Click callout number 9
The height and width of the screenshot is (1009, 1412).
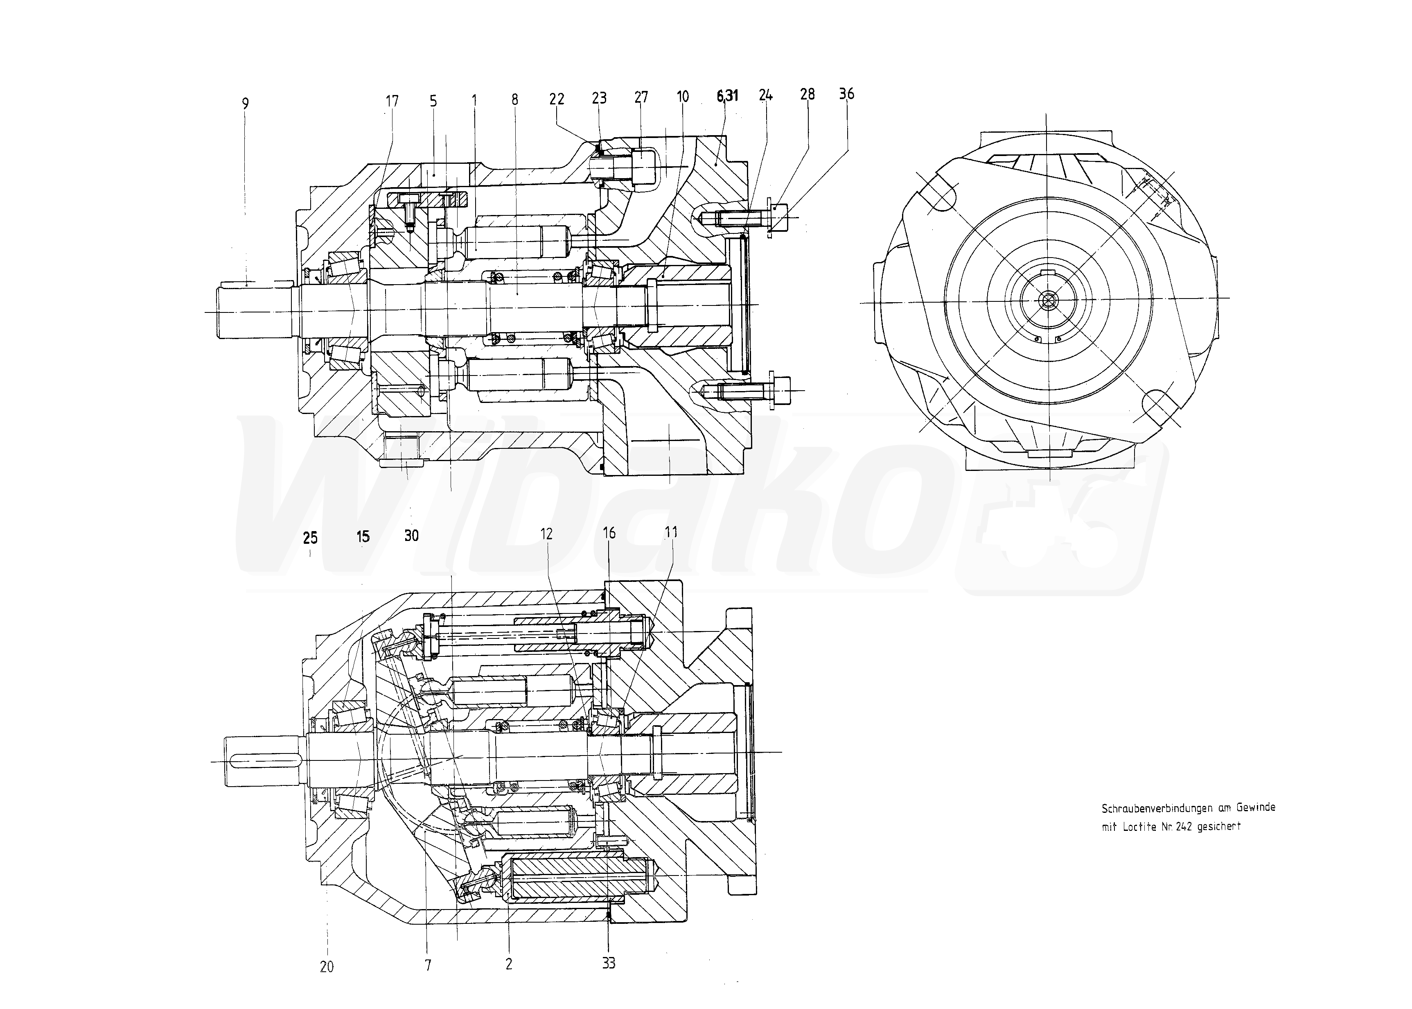pos(245,104)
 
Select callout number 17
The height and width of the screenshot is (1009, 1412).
pos(392,101)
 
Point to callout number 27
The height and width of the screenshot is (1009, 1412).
pos(641,97)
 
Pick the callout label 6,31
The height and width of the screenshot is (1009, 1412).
pos(727,96)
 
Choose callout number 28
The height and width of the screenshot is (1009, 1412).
pos(807,95)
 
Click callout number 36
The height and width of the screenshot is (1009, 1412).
pos(846,94)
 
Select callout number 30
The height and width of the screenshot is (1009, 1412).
pos(411,536)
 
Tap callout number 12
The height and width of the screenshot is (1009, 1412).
pos(546,534)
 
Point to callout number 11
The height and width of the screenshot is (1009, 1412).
pos(671,532)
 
